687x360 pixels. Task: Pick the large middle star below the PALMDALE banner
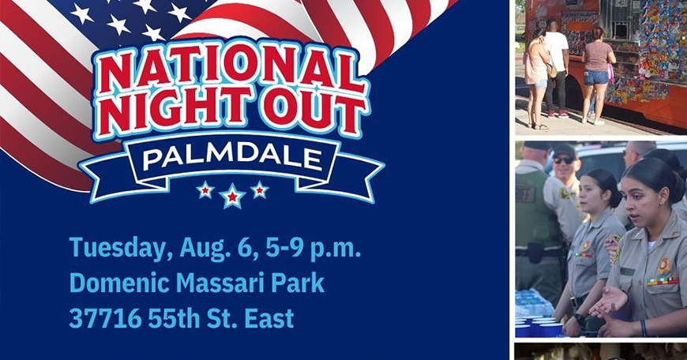coord(232,196)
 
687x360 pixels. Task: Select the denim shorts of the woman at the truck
coord(596,77)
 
